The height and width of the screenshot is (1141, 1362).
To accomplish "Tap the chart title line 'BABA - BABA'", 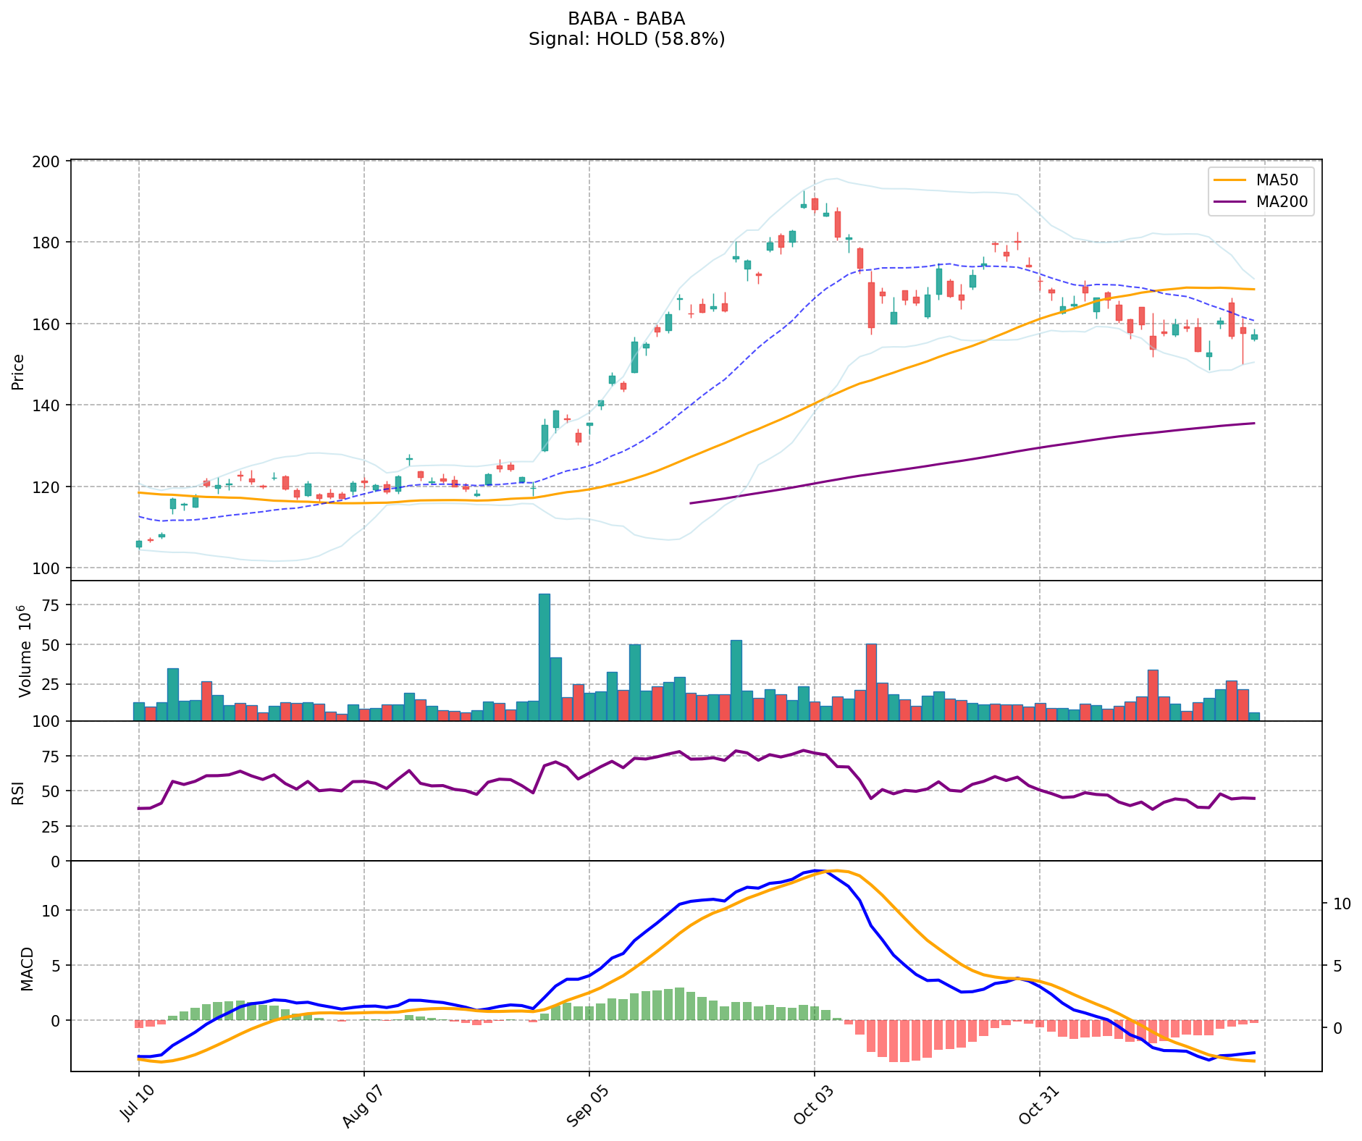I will [x=626, y=19].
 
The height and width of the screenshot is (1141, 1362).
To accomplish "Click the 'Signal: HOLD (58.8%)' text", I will [x=626, y=39].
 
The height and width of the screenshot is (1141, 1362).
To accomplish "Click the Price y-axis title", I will [x=18, y=371].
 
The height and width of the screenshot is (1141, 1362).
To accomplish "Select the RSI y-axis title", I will [x=18, y=792].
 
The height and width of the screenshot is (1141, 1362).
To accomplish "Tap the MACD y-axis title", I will [x=27, y=968].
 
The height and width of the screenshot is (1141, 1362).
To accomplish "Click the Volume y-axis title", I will [x=25, y=651].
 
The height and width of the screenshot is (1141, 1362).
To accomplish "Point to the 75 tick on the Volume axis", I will [x=51, y=605].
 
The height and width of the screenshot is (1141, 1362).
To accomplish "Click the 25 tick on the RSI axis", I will [x=51, y=826].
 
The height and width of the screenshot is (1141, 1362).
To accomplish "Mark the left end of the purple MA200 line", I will [x=690, y=503].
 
